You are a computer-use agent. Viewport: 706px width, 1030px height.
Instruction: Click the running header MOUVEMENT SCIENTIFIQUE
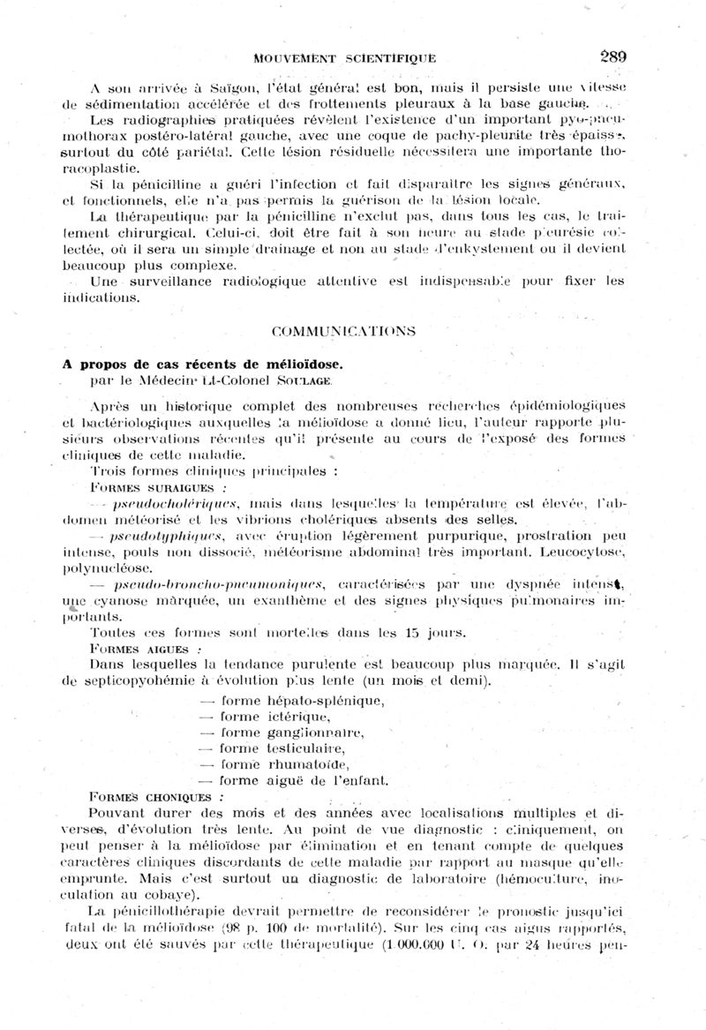[x=344, y=58]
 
